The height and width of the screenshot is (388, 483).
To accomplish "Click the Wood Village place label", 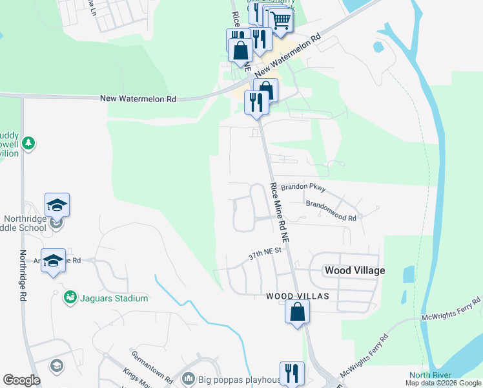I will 355,270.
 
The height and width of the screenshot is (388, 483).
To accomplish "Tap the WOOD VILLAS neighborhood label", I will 298,296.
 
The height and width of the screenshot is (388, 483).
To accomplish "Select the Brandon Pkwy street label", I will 303,188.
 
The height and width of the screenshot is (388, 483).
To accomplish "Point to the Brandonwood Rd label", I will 331,210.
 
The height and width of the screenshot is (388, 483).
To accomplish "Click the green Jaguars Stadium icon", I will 70,298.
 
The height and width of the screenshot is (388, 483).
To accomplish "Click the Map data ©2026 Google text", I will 443,383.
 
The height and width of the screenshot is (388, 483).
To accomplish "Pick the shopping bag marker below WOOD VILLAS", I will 297,313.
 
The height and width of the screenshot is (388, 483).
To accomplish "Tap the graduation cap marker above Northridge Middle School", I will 57,206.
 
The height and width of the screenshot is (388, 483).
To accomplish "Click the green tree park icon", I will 28,143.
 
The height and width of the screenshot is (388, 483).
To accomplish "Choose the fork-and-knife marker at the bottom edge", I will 292,373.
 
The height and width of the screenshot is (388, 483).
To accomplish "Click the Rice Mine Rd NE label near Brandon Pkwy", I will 280,212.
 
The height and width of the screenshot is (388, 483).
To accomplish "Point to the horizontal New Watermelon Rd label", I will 138,99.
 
